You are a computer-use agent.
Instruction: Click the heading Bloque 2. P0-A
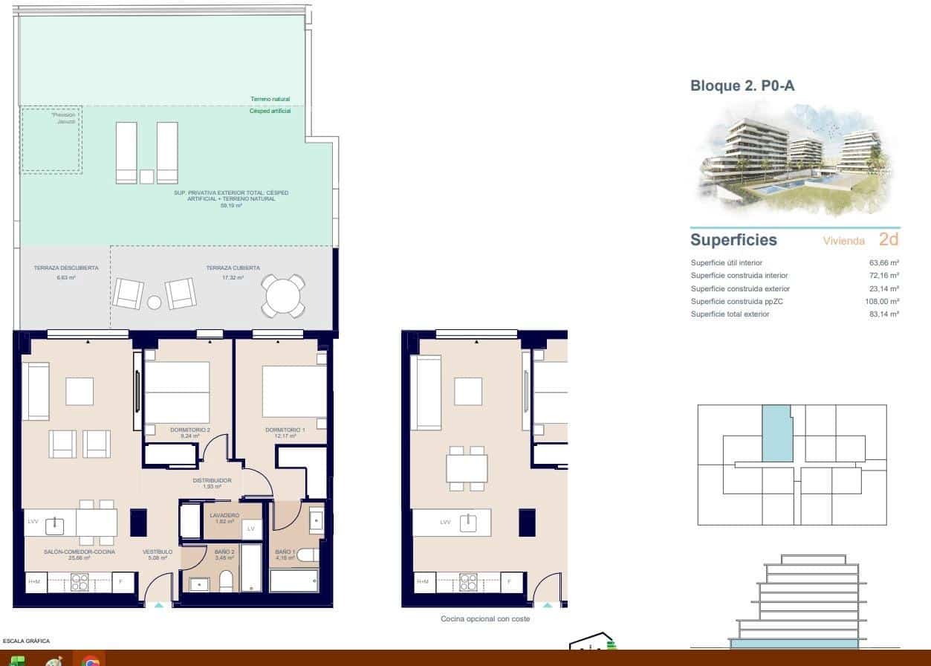(x=742, y=86)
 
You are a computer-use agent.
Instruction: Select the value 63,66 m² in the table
(x=884, y=263)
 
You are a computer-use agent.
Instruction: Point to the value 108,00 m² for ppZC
(x=883, y=302)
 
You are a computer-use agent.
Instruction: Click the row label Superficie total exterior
(x=730, y=314)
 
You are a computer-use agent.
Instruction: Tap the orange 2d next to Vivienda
(x=888, y=239)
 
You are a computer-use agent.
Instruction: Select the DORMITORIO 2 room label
(x=190, y=430)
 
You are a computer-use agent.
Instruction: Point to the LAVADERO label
(x=224, y=515)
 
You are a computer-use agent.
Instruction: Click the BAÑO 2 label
(x=224, y=552)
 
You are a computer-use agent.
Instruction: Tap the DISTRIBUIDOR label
(x=213, y=481)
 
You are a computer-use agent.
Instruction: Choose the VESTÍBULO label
(x=158, y=552)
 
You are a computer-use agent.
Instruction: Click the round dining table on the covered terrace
(x=282, y=295)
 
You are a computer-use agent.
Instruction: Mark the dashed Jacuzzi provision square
(x=51, y=140)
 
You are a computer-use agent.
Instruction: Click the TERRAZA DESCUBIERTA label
(x=65, y=268)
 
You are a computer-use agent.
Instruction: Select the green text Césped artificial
(x=270, y=111)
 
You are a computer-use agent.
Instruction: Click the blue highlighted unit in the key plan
(x=776, y=434)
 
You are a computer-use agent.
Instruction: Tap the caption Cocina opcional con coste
(x=485, y=618)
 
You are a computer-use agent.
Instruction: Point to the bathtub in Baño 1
(x=293, y=581)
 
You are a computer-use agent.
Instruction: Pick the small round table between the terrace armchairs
(x=154, y=303)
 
